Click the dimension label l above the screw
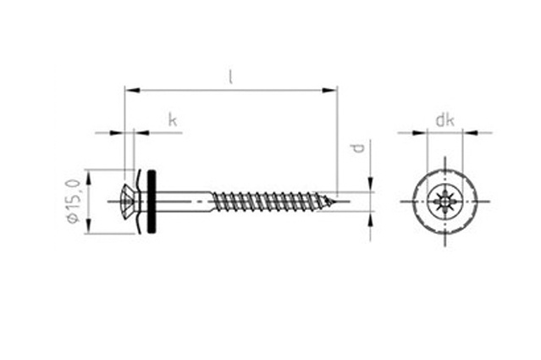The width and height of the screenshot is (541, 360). (231, 77)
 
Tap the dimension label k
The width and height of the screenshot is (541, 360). (173, 120)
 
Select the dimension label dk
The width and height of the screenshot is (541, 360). (444, 120)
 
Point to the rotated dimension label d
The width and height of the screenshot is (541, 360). (360, 148)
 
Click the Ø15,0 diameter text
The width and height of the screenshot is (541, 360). (75, 202)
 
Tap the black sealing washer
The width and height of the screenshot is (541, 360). (152, 202)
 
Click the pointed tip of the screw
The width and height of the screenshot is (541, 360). (334, 202)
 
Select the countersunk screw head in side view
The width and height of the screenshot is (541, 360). (130, 202)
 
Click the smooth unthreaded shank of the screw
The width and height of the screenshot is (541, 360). (184, 202)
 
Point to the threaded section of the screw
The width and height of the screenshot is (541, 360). (271, 202)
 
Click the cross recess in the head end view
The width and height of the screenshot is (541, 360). (444, 202)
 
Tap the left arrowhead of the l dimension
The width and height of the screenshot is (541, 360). (132, 90)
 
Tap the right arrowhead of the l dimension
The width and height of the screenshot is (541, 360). (329, 90)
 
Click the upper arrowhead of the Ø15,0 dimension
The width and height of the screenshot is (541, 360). (89, 178)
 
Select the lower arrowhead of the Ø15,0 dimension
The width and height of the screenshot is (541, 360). (89, 225)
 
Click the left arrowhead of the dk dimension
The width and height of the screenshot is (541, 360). (419, 132)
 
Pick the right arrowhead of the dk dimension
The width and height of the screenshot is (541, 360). (470, 132)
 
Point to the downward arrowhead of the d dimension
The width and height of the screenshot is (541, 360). (371, 185)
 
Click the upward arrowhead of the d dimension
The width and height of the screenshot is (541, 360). (371, 219)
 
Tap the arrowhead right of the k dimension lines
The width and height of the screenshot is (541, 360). (141, 132)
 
